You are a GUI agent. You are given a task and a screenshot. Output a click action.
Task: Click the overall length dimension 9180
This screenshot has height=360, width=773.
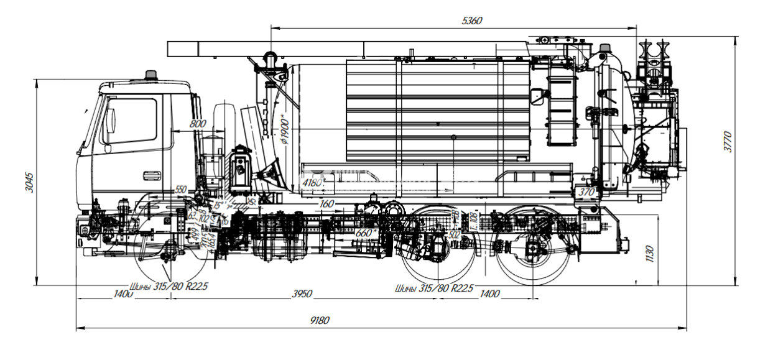320,321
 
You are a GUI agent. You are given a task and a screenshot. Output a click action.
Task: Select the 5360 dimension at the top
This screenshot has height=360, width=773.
472,21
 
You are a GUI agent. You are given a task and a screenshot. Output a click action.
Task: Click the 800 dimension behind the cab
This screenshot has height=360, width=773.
197,124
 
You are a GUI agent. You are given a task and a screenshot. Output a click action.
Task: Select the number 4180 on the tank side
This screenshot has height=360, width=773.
312,184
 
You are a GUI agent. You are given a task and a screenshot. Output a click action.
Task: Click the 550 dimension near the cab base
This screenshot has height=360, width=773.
180,190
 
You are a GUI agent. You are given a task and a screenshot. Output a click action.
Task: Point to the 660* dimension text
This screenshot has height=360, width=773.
367,233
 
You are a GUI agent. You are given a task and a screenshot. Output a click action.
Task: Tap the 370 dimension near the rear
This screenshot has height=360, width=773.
586,193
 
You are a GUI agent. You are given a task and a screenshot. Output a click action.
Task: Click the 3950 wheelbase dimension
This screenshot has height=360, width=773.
302,293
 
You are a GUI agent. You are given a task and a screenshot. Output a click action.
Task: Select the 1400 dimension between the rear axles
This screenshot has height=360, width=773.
489,293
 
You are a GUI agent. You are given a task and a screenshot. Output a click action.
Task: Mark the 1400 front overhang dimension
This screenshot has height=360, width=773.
123,293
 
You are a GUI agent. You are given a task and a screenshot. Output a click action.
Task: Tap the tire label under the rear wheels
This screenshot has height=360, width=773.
434,288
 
